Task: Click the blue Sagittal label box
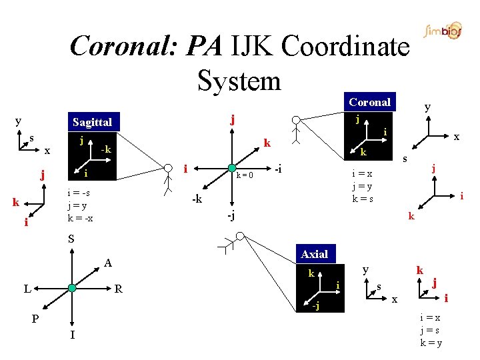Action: tap(93, 122)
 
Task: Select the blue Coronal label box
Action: tap(370, 102)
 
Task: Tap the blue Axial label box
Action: tap(314, 254)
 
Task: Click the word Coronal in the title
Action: tap(125, 47)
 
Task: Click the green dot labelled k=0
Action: tap(231, 167)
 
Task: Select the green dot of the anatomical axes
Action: tap(71, 288)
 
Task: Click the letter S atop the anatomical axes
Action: tap(71, 239)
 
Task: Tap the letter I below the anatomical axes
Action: tap(71, 334)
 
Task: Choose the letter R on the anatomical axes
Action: tap(118, 289)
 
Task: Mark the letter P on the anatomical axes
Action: tap(36, 319)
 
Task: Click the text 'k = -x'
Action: tap(80, 219)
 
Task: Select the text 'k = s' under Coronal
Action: tap(363, 199)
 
